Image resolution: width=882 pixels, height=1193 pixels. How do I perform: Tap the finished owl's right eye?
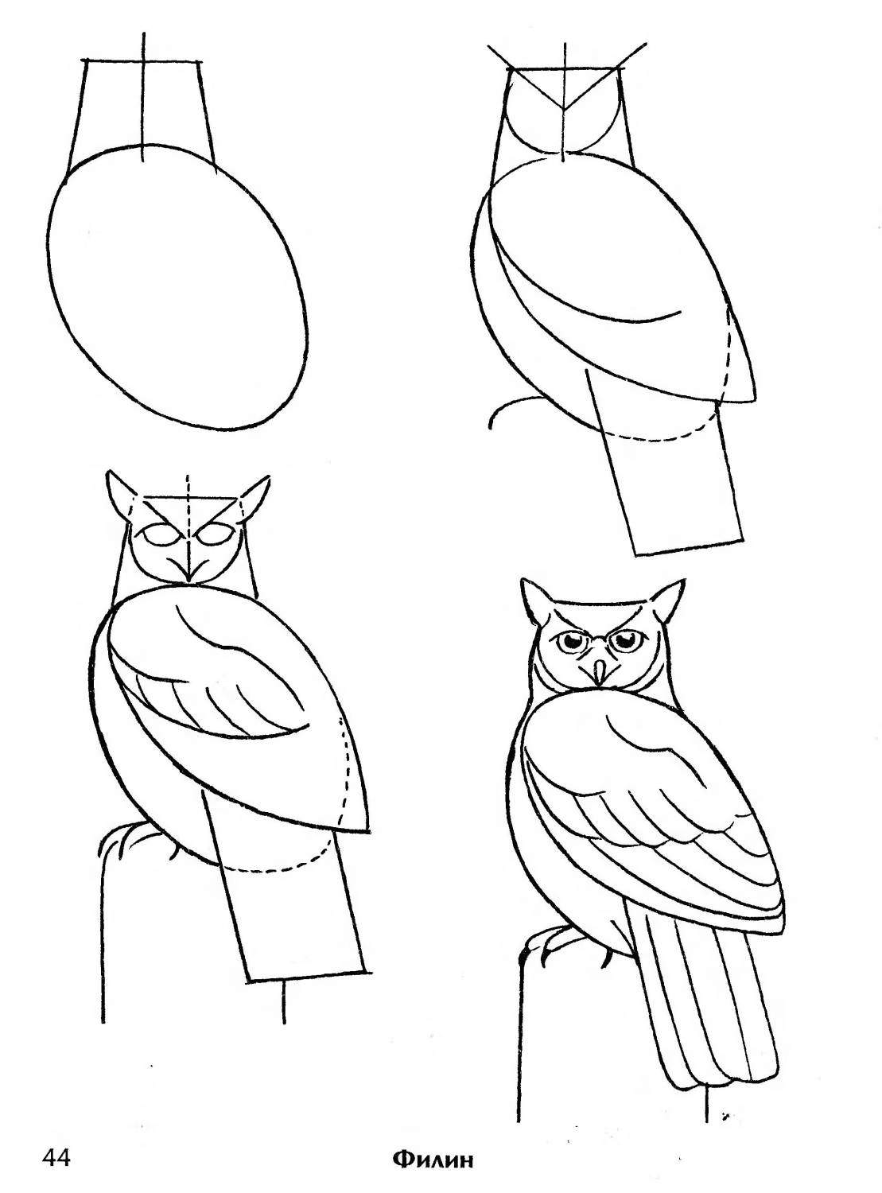(x=625, y=640)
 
